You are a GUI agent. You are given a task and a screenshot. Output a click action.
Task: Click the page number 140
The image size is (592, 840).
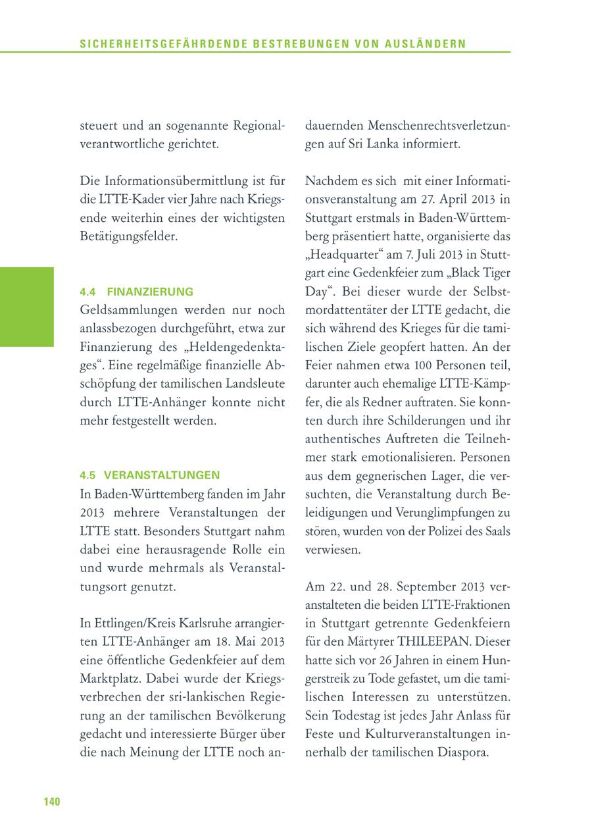51,801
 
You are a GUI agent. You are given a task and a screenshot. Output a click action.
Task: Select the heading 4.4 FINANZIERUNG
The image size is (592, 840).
136,291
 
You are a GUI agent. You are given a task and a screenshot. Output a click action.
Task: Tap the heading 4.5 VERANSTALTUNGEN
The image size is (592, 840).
150,475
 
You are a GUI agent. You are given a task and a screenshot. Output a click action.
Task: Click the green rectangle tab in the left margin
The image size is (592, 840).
26,307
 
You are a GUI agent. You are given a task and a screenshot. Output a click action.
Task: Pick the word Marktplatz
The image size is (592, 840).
109,678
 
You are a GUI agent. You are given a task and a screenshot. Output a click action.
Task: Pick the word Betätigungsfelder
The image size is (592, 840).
128,236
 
